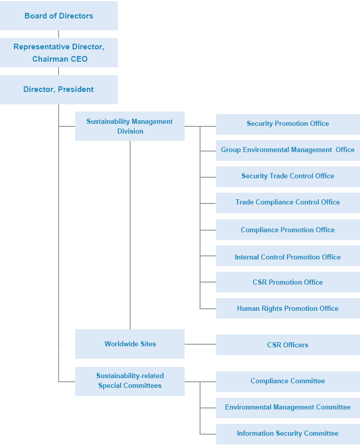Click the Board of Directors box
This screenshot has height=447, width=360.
click(59, 16)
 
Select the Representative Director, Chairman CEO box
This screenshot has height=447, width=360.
click(59, 53)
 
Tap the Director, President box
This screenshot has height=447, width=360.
click(59, 89)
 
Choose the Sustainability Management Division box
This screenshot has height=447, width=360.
click(130, 126)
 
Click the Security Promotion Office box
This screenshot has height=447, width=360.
click(288, 124)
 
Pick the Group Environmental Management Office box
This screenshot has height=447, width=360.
click(288, 151)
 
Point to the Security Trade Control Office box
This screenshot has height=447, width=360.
click(288, 177)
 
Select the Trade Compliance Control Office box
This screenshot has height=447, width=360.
click(288, 203)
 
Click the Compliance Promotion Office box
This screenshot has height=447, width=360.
click(288, 230)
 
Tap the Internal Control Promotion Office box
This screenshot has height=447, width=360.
click(288, 256)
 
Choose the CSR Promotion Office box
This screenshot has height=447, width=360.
click(288, 282)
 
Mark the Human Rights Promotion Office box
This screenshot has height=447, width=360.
click(288, 308)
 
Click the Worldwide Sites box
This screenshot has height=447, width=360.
click(130, 344)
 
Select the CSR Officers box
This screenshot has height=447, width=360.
click(288, 345)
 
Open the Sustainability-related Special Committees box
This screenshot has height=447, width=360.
click(130, 381)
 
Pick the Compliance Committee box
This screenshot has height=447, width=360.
click(288, 382)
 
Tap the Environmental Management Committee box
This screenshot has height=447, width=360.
click(288, 408)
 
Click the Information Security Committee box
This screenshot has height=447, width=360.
click(288, 434)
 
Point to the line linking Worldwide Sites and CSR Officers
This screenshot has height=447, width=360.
click(200, 344)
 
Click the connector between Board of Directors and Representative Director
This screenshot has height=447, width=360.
click(59, 34)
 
